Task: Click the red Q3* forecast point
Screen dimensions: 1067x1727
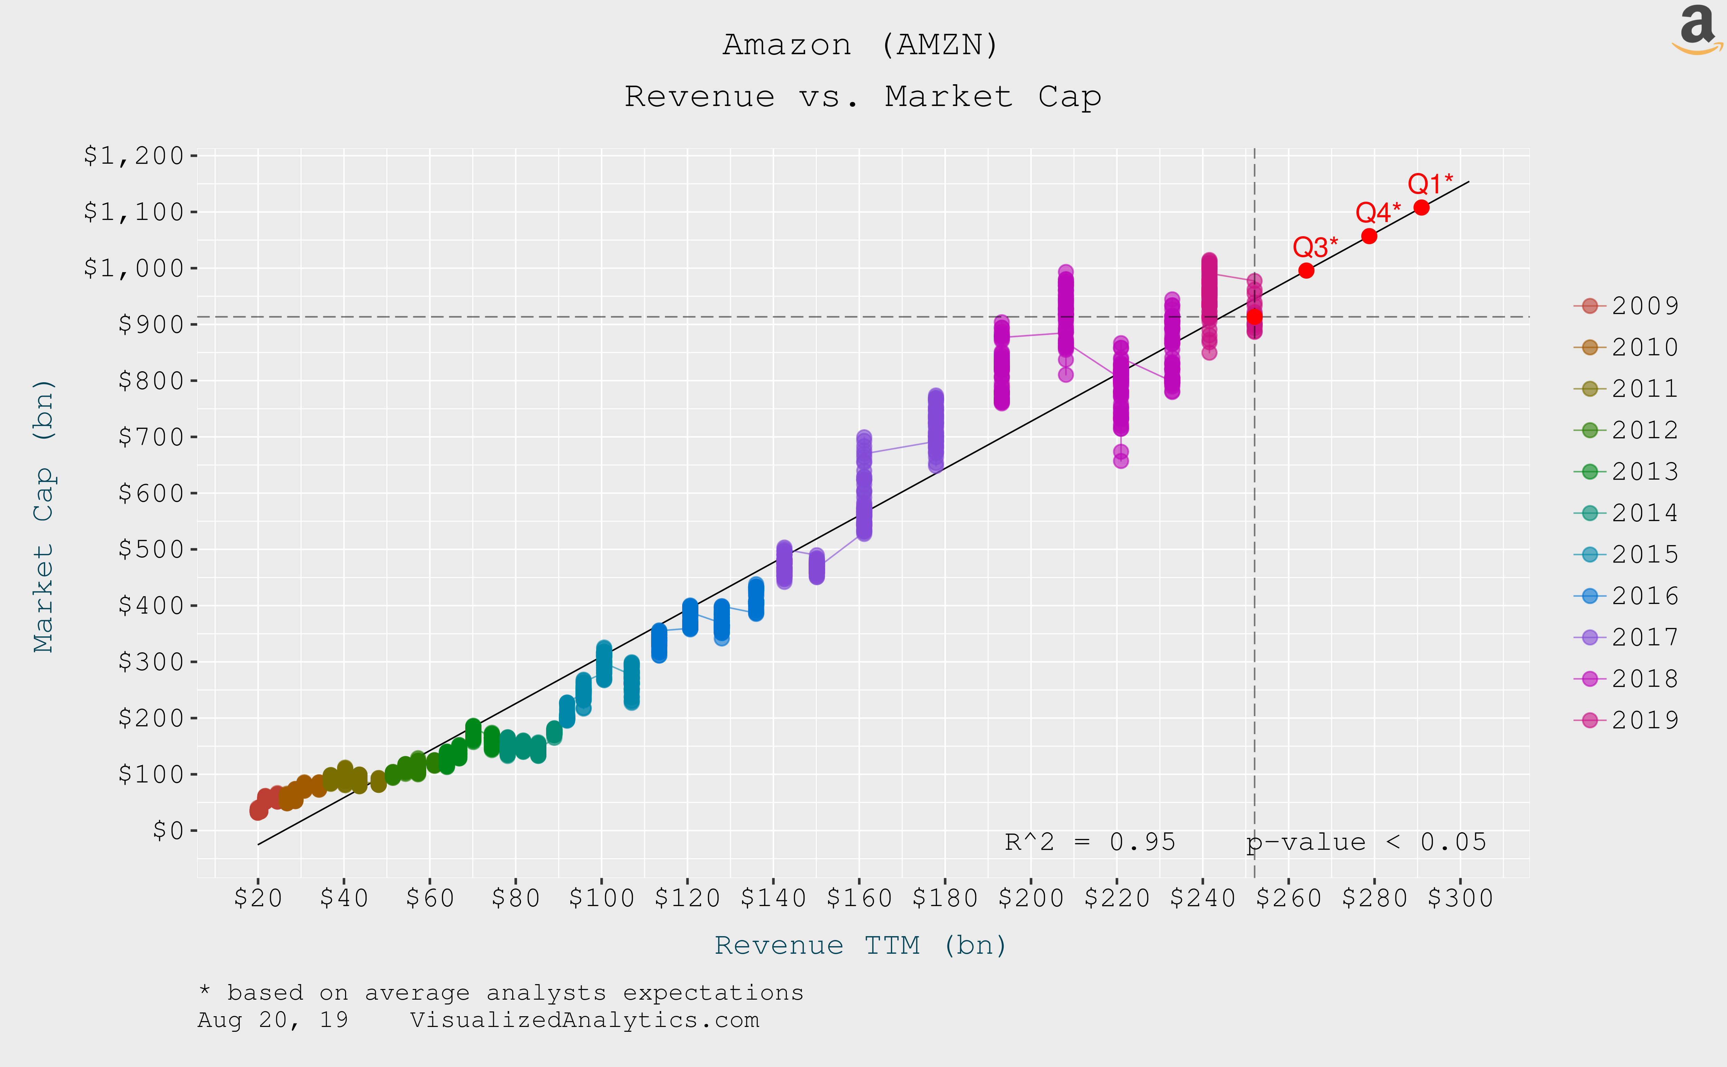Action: tap(1306, 270)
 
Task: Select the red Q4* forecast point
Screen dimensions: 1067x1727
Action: tap(1368, 236)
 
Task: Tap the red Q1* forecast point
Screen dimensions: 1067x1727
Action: tap(1421, 208)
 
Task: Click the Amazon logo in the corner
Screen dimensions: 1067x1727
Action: tap(1697, 30)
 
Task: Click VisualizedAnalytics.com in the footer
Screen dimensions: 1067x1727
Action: tap(584, 1020)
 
